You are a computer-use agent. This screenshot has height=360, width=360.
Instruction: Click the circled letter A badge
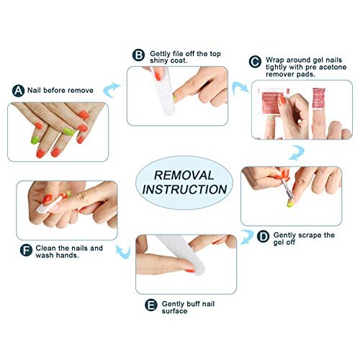pyautogui.click(x=18, y=91)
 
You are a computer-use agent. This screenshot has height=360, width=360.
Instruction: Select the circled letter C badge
pyautogui.click(x=255, y=61)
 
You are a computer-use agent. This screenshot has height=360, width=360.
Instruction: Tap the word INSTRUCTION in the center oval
pyautogui.click(x=185, y=190)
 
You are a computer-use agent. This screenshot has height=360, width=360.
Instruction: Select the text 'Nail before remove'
pyautogui.click(x=60, y=91)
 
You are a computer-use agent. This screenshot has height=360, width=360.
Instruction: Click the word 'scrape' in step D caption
pyautogui.click(x=310, y=235)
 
